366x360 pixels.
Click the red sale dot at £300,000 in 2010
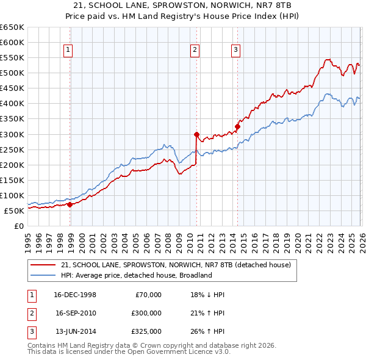[x=196, y=134]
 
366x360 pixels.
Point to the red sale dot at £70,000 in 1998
[x=70, y=204]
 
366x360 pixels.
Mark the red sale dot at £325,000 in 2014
[x=237, y=126]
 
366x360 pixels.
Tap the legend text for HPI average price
[x=136, y=275]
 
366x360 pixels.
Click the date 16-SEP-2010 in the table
[x=76, y=313]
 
